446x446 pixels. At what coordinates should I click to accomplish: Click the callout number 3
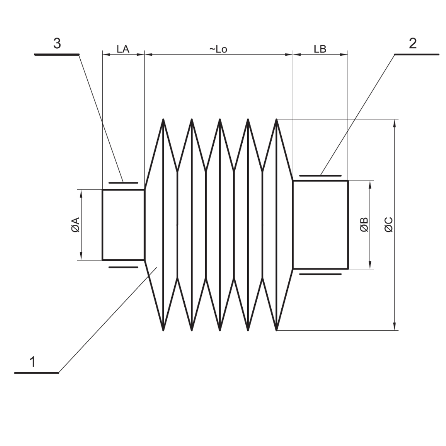pyautogui.click(x=57, y=44)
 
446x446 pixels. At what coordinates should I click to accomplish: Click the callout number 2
pyautogui.click(x=413, y=44)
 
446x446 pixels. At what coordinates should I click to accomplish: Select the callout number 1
pyautogui.click(x=33, y=362)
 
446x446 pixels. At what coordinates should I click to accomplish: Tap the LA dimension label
pyautogui.click(x=123, y=49)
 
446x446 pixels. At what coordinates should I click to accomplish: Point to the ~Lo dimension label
pyautogui.click(x=218, y=49)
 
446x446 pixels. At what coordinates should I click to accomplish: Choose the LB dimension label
pyautogui.click(x=320, y=49)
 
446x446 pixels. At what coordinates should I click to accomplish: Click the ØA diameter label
pyautogui.click(x=75, y=225)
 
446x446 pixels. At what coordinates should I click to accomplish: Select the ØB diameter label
pyautogui.click(x=364, y=225)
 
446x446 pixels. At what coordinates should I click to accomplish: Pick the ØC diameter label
pyautogui.click(x=389, y=225)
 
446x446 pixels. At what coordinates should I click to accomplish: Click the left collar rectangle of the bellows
pyautogui.click(x=123, y=224)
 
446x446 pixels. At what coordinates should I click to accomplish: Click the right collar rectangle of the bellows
pyautogui.click(x=320, y=224)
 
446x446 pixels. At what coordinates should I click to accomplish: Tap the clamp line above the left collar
pyautogui.click(x=123, y=182)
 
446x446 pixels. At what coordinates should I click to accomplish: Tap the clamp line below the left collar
pyautogui.click(x=123, y=267)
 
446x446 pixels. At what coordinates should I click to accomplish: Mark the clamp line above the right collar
pyautogui.click(x=320, y=175)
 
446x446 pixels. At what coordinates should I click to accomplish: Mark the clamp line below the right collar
pyautogui.click(x=320, y=274)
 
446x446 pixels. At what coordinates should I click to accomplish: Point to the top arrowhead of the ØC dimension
pyautogui.click(x=395, y=122)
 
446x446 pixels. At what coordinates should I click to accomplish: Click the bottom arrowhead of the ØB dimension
pyautogui.click(x=370, y=266)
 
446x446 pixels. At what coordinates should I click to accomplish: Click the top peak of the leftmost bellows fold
pyautogui.click(x=163, y=120)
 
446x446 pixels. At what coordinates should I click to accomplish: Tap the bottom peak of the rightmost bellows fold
pyautogui.click(x=277, y=330)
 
